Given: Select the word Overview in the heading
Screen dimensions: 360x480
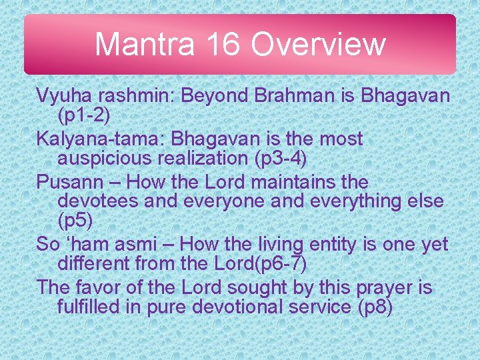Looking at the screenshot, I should pyautogui.click(x=318, y=44).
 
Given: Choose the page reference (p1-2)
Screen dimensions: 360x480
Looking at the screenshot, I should pyautogui.click(x=83, y=116).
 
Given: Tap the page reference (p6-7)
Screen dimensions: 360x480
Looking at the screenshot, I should pyautogui.click(x=273, y=264).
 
